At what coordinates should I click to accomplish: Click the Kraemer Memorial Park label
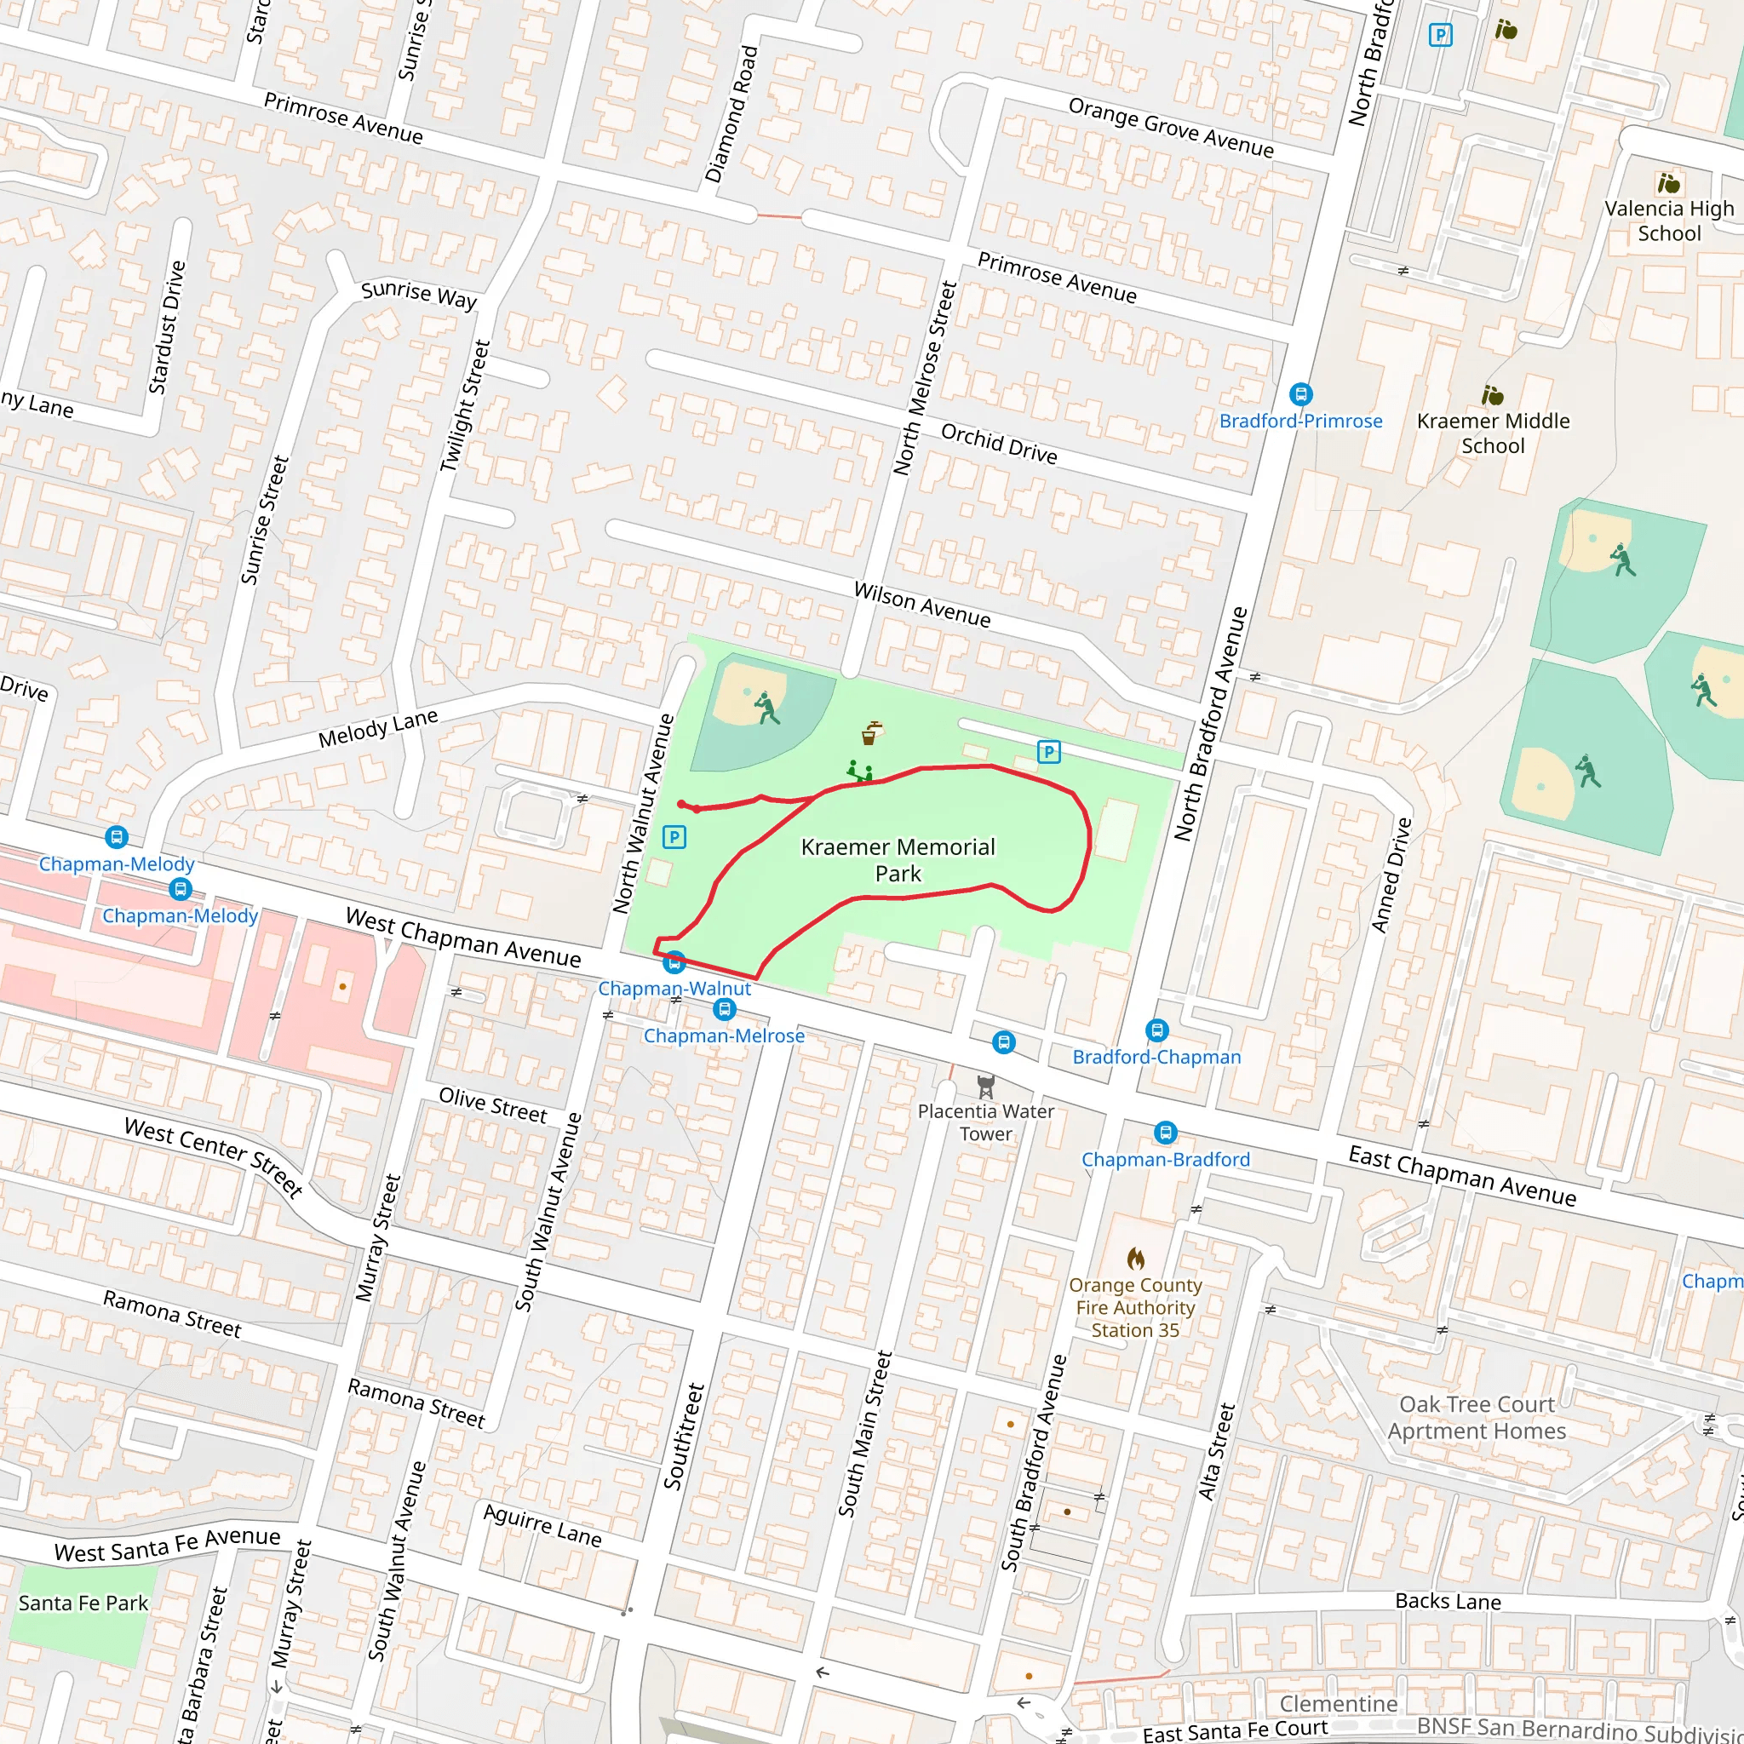pos(898,859)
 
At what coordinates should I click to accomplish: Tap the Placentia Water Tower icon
pos(986,1085)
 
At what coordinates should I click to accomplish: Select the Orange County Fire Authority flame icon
pos(1136,1258)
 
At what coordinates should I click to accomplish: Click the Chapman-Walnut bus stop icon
pos(674,963)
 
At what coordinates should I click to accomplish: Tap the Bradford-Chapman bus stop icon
pos(1157,1030)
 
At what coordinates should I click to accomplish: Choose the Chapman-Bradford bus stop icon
pos(1166,1133)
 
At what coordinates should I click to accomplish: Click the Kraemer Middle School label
pos(1493,433)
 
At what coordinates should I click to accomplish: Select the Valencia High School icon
pos(1668,183)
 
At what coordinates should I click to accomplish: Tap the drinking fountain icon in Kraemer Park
pos(870,733)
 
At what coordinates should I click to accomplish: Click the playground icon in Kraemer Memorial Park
pos(859,772)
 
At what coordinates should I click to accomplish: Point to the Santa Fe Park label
pos(83,1603)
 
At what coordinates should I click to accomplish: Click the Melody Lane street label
pos(377,728)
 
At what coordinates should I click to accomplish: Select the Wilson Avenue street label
pos(921,605)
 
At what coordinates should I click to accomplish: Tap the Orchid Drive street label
pos(998,443)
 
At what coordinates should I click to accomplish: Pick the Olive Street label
pos(493,1104)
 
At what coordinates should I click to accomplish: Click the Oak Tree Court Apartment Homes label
pos(1477,1417)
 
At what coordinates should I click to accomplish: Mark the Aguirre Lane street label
pos(542,1524)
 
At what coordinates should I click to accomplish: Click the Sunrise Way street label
pos(419,295)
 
